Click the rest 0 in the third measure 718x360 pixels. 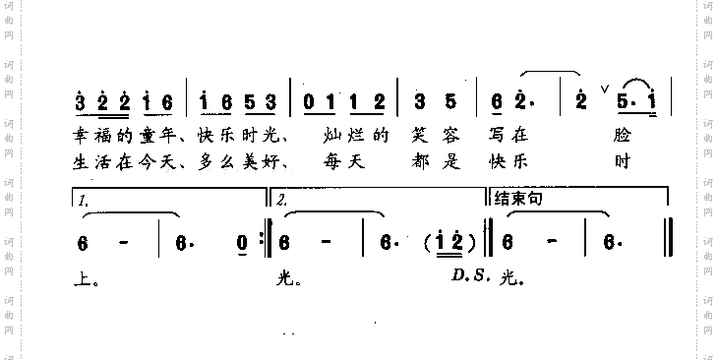309,100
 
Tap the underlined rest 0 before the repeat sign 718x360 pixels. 242,242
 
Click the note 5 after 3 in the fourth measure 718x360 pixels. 448,100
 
